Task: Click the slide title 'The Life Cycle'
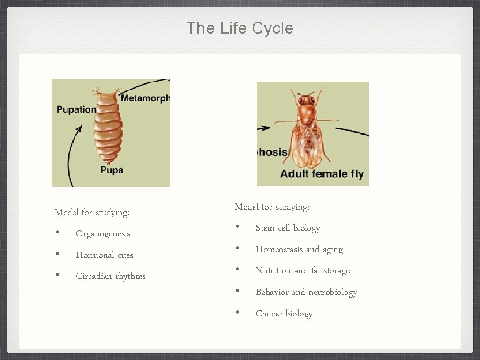coord(240,28)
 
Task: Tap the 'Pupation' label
coord(76,109)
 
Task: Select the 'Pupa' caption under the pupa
coord(112,170)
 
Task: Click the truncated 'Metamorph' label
coord(145,98)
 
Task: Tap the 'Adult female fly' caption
coord(322,174)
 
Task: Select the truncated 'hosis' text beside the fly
coord(272,152)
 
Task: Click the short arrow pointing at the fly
coord(264,127)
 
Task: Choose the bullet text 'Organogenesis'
coord(103,233)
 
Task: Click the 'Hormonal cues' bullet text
coord(105,255)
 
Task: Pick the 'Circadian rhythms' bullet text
coord(111,276)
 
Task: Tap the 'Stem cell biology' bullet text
coord(288,228)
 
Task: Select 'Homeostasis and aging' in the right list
coord(299,249)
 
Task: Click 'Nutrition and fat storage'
coord(303,270)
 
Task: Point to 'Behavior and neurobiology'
coord(307,292)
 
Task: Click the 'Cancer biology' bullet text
coord(284,314)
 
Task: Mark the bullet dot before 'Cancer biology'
coord(238,312)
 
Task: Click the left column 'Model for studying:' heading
coord(92,212)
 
